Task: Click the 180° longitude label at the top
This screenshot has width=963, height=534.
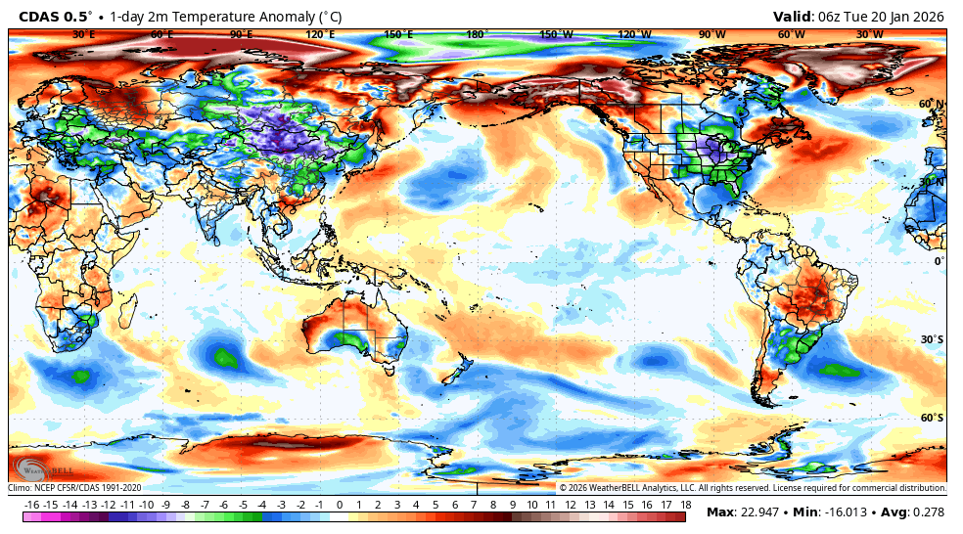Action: [477, 35]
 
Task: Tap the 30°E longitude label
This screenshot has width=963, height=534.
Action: [84, 35]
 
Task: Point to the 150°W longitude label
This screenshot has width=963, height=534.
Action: [555, 35]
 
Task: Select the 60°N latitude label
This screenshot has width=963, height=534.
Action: [931, 104]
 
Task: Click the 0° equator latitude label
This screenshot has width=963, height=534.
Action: [938, 261]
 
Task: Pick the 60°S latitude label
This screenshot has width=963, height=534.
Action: [931, 418]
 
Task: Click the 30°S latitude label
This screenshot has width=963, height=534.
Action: [931, 339]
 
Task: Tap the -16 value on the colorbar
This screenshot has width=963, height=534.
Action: [31, 505]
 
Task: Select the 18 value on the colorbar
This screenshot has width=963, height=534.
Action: [685, 505]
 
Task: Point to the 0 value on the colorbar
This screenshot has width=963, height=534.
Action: [340, 505]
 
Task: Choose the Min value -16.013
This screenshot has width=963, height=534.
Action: [847, 512]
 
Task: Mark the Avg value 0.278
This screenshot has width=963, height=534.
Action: [929, 512]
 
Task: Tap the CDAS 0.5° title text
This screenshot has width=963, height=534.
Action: [56, 16]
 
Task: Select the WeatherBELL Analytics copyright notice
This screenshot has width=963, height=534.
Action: [752, 487]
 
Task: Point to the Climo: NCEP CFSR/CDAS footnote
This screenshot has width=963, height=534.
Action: [75, 487]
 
